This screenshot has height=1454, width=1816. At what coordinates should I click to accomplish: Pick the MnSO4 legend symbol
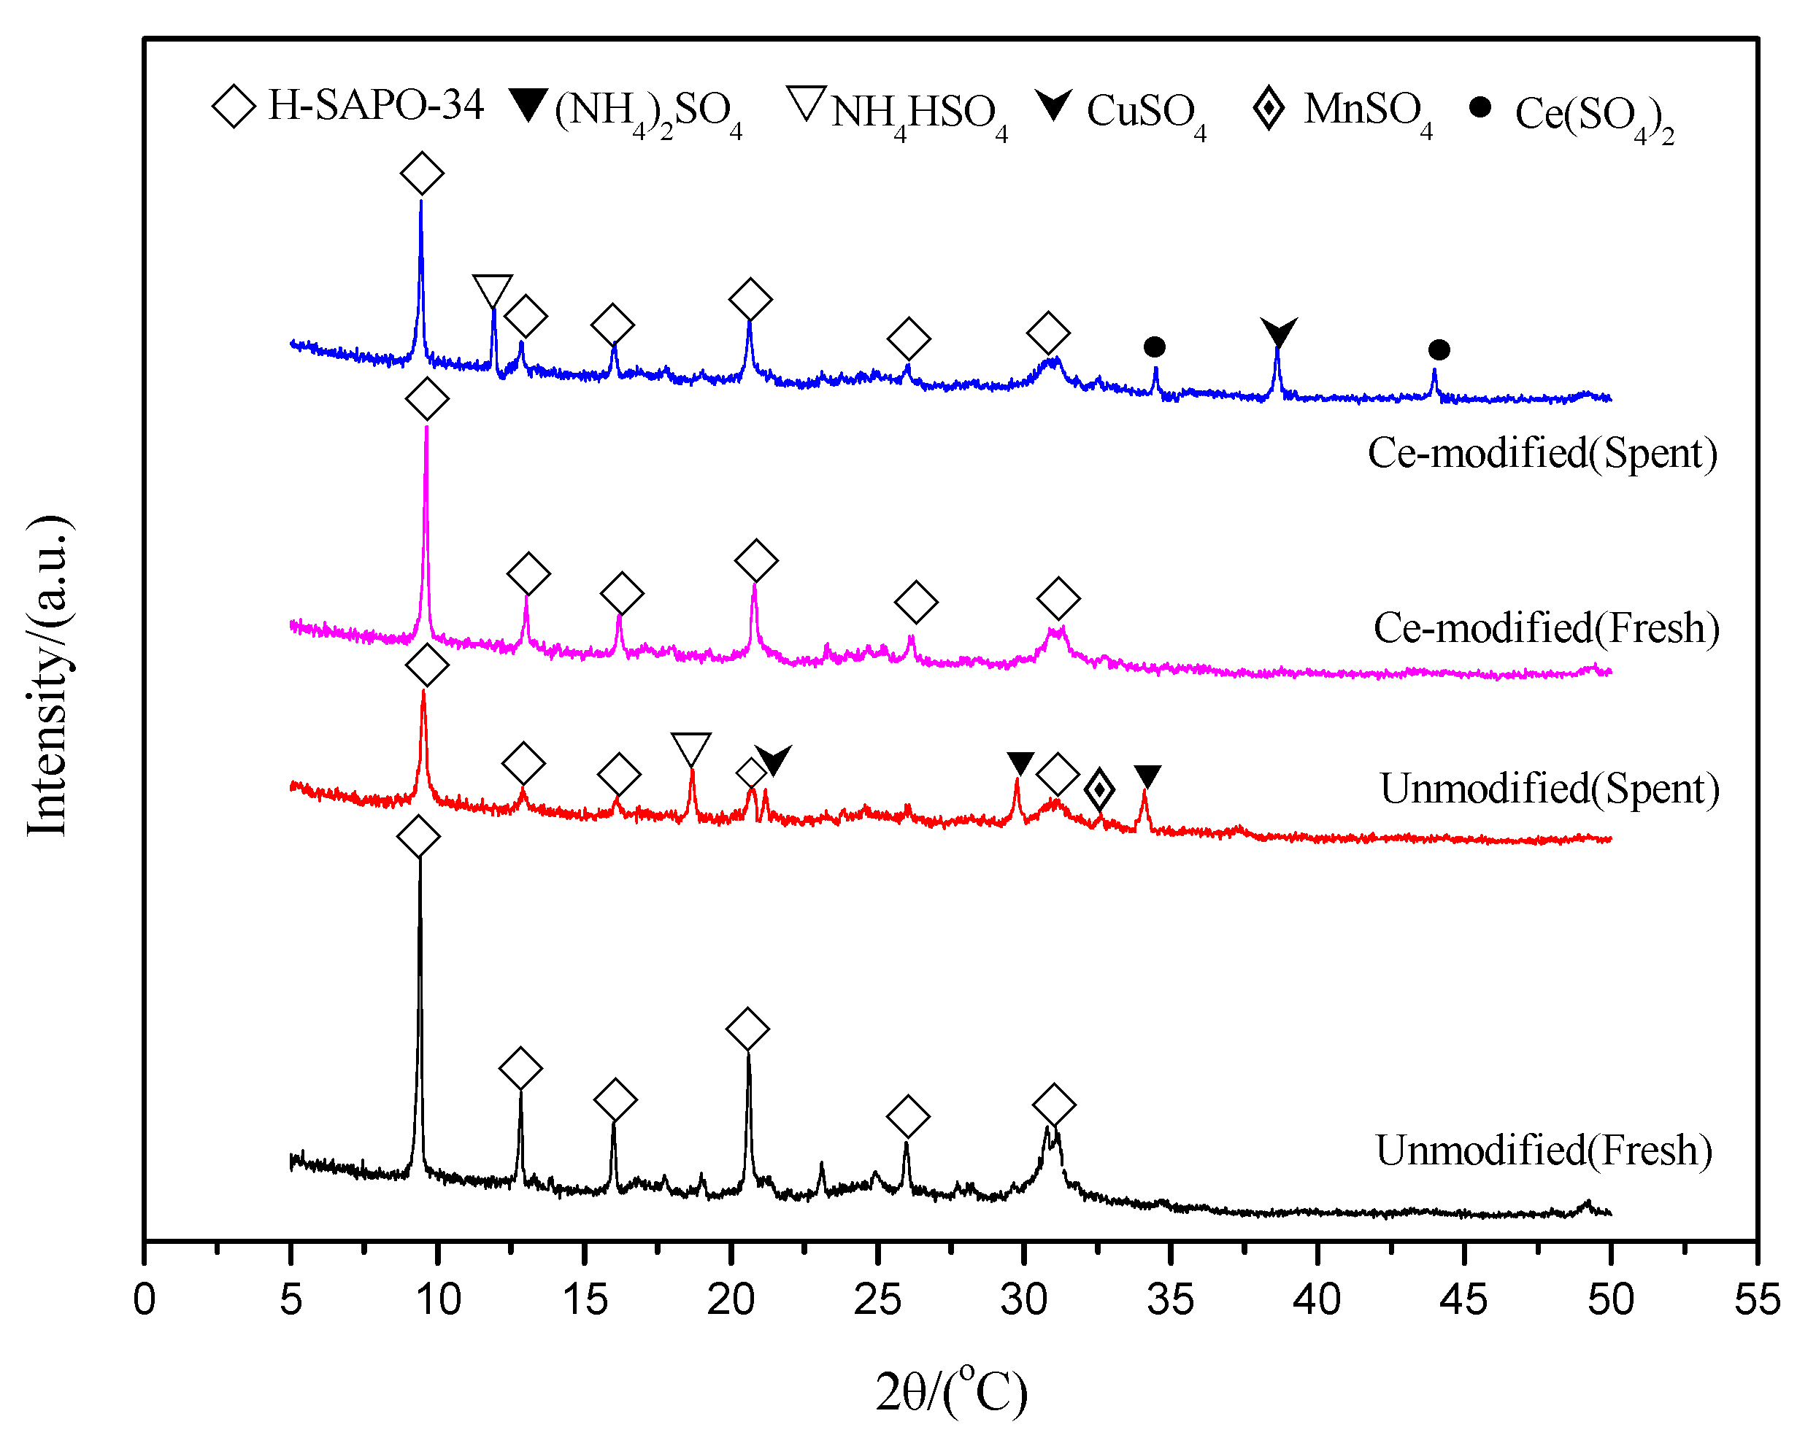click(1269, 109)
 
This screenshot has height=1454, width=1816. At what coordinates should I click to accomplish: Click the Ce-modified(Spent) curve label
click(1542, 453)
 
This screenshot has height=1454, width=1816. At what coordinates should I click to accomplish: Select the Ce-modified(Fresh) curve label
click(1547, 628)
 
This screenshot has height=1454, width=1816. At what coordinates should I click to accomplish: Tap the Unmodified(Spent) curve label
click(1549, 789)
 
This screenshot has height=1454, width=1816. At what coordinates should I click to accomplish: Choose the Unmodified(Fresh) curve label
click(1544, 1150)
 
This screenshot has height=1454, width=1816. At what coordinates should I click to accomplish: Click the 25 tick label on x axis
click(877, 1300)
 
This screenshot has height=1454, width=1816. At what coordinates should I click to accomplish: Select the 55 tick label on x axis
click(1757, 1300)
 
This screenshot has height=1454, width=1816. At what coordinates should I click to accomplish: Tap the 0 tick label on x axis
click(144, 1300)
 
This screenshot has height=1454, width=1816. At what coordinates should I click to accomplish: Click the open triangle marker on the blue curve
click(493, 290)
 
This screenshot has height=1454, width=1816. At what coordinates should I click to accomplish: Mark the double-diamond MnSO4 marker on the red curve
click(1099, 789)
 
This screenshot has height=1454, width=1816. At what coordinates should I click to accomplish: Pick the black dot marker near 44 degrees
click(1439, 349)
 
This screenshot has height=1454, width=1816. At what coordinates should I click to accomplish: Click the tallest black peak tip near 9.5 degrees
click(420, 860)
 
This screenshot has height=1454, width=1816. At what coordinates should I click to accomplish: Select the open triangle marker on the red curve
click(691, 749)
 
